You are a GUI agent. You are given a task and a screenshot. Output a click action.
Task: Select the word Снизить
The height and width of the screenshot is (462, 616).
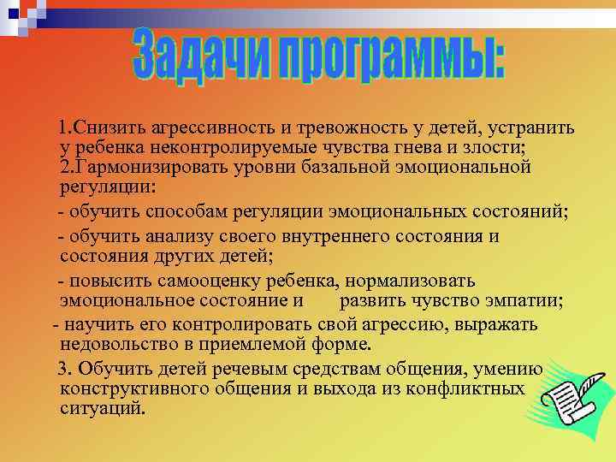pos(109,128)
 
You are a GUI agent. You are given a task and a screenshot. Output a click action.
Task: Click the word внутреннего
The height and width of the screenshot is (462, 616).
pos(321,236)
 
